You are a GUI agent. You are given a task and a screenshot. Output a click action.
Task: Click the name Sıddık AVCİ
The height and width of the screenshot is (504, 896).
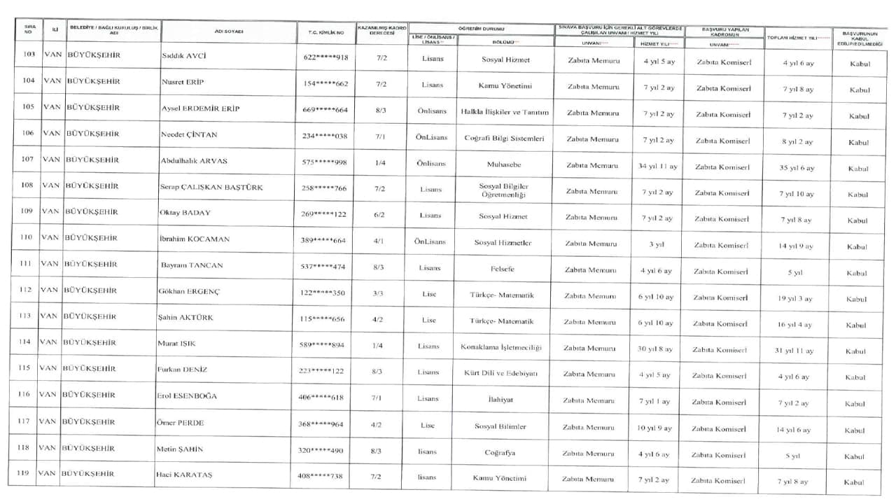pos(185,56)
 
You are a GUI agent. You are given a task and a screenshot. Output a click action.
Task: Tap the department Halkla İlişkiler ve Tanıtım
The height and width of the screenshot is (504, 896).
pos(505,112)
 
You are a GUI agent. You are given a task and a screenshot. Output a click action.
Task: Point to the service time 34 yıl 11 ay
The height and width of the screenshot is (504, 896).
pos(658,167)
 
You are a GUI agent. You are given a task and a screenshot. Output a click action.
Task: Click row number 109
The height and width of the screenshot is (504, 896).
pos(27,211)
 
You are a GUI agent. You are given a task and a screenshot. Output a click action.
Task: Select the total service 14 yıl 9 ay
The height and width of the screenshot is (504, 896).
pos(797,246)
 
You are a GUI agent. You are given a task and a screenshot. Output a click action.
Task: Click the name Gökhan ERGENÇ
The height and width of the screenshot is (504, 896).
pos(188,291)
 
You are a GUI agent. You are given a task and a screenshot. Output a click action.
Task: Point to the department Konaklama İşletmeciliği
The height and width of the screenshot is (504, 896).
pos(501,347)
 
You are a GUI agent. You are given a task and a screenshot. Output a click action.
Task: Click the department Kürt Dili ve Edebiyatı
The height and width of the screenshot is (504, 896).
pos(501,373)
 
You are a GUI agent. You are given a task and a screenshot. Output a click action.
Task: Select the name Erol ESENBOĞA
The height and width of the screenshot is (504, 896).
pos(187,396)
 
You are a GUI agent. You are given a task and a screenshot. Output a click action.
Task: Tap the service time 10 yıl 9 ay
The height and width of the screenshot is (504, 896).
pos(654,428)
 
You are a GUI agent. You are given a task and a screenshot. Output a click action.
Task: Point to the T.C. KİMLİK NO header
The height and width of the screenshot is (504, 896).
pos(326,32)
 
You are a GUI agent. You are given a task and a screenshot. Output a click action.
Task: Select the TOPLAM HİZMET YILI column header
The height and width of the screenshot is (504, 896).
pos(799,37)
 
